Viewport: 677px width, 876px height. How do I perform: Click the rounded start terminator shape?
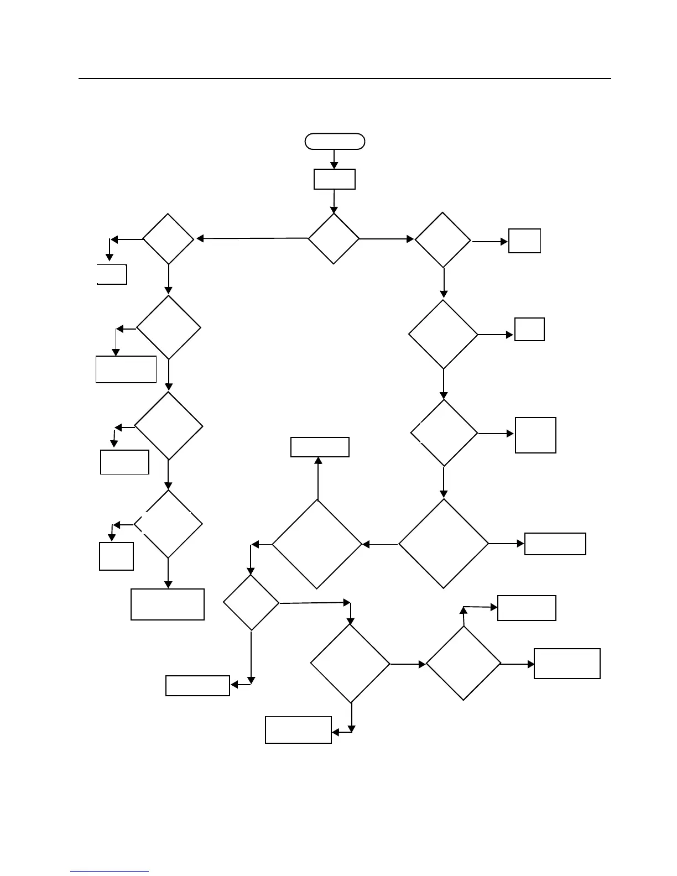[x=335, y=142]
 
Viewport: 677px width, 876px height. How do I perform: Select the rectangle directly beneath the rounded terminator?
[x=334, y=179]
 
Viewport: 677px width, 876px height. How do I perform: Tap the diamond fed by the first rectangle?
[x=334, y=238]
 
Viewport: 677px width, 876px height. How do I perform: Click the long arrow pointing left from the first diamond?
[x=252, y=238]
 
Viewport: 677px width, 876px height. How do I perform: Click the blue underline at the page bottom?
[x=110, y=872]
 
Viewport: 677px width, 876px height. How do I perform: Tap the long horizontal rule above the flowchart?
[x=345, y=79]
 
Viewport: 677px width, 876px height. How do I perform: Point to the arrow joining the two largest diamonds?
[x=380, y=545]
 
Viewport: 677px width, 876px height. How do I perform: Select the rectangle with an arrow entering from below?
[x=320, y=447]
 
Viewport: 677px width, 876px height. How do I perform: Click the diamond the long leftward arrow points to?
[x=168, y=239]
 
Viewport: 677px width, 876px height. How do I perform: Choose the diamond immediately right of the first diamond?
[x=442, y=239]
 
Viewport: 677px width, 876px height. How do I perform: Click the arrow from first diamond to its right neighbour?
[x=387, y=239]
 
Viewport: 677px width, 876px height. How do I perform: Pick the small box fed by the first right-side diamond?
[x=524, y=241]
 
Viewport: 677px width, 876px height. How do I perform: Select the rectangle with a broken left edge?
[x=112, y=274]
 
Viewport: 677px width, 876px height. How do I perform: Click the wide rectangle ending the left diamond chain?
[x=168, y=604]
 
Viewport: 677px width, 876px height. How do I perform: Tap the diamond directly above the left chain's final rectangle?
[x=168, y=524]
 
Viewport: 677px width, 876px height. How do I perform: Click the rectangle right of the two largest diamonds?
[x=555, y=544]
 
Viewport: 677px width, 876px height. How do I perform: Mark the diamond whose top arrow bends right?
[x=464, y=664]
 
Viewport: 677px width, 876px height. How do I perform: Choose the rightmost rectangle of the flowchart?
[x=567, y=664]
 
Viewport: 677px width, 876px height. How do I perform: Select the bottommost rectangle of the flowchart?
[x=298, y=730]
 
